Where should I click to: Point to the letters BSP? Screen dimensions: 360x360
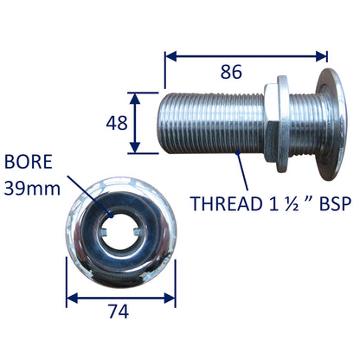click(x=328, y=204)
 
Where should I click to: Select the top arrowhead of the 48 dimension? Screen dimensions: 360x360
click(x=133, y=94)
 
